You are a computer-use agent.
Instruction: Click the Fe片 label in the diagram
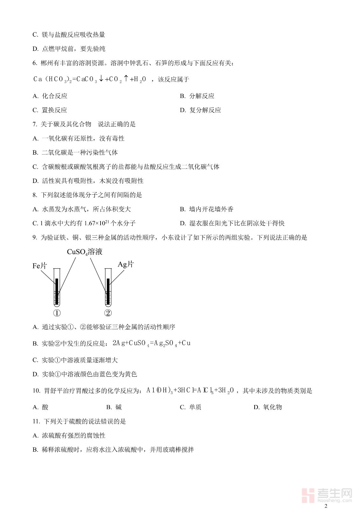40,266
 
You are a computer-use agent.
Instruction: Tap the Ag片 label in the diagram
126,264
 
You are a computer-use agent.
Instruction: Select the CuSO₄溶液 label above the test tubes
85,252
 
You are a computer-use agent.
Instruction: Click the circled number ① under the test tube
57,313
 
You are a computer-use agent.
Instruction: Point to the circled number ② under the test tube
108,313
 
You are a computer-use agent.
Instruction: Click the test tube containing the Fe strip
57,288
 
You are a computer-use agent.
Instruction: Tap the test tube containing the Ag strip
108,288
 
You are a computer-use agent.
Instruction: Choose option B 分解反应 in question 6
197,96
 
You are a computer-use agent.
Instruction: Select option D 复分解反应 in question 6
201,110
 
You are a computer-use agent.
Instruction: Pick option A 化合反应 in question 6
50,96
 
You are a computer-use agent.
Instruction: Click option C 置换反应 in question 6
50,110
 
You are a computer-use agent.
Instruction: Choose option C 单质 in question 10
191,407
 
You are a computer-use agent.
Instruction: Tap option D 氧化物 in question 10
268,407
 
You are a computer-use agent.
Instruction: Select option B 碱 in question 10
114,407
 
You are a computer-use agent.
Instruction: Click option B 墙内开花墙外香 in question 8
207,209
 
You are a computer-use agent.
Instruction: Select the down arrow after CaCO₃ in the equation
101,79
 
